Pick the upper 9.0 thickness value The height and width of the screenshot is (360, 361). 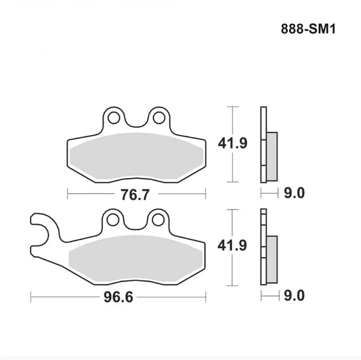(293, 194)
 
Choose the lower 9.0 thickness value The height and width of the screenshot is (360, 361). (293, 297)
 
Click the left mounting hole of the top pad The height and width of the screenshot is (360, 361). (113, 116)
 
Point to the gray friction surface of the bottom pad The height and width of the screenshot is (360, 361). (135, 259)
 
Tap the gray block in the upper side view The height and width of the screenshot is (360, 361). (272, 155)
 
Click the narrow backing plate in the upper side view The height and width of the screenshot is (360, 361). (263, 122)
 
